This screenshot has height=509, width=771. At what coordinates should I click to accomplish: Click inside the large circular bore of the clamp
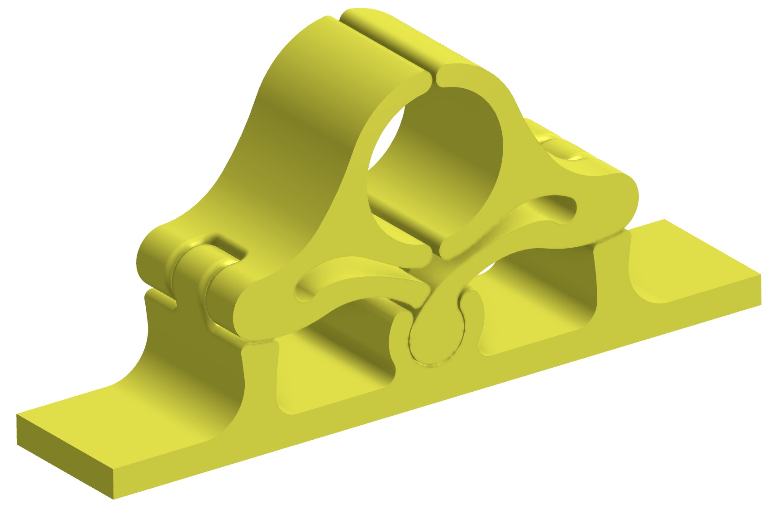click(x=434, y=172)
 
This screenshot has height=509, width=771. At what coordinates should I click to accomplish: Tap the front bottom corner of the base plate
click(x=113, y=499)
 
